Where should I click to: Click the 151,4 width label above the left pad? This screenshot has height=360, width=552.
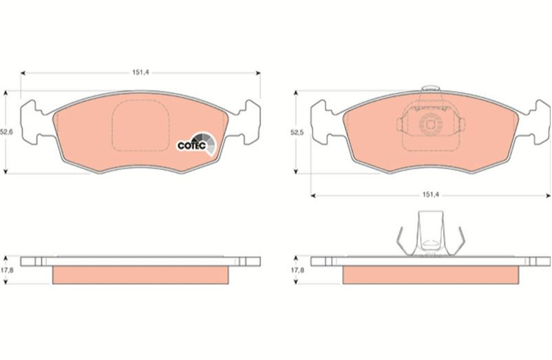pos(140,72)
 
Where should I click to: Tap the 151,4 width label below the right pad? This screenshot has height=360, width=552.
pos(431,195)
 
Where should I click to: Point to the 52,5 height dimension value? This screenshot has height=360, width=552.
pos(297,132)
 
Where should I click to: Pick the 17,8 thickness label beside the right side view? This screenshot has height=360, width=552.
pos(297,270)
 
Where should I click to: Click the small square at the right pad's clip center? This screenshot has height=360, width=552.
pos(430,125)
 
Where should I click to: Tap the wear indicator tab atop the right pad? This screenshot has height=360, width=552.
pos(430,88)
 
